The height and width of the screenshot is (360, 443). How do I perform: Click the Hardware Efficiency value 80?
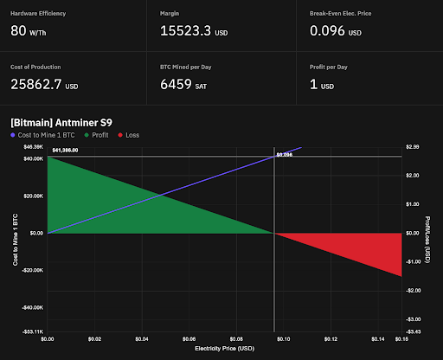(x=18, y=30)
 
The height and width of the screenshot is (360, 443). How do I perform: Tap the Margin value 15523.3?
(x=184, y=30)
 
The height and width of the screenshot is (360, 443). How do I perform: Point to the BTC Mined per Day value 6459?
(x=181, y=84)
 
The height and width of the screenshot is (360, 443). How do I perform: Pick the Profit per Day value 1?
(x=313, y=84)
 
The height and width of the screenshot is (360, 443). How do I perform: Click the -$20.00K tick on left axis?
(x=30, y=270)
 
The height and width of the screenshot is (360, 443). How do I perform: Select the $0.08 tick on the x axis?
(x=236, y=338)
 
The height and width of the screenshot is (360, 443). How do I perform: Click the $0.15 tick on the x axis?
(x=401, y=338)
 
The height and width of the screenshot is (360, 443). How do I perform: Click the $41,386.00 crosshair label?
(x=65, y=151)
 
